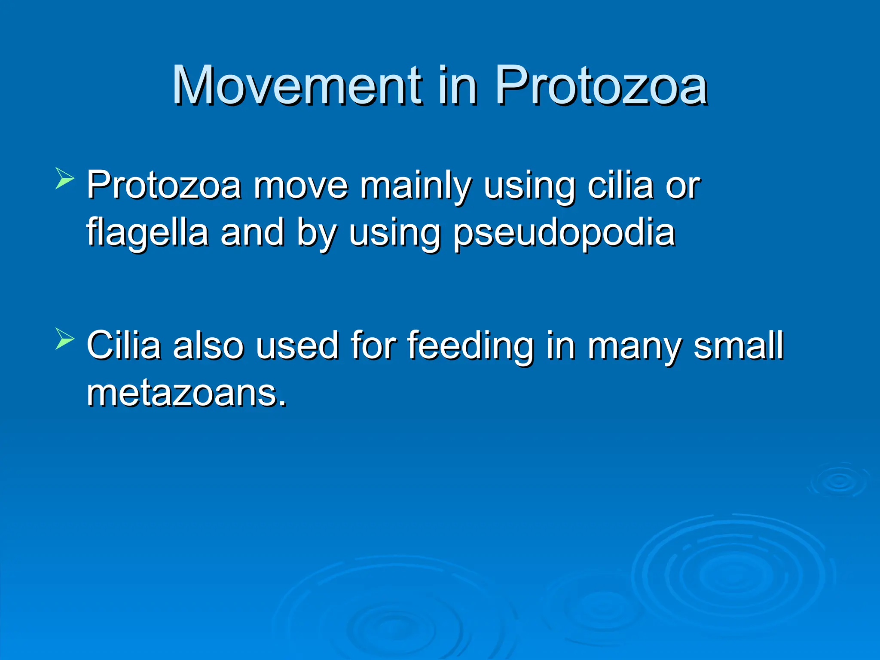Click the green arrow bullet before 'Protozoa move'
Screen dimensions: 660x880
[65, 178]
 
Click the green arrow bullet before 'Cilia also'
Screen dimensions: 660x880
[65, 339]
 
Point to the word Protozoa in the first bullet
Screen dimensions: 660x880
[164, 186]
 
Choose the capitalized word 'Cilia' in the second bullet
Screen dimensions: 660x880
[124, 345]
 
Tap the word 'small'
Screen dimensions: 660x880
[739, 345]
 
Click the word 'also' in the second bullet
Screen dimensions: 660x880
[208, 345]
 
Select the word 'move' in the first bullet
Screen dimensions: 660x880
[300, 186]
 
